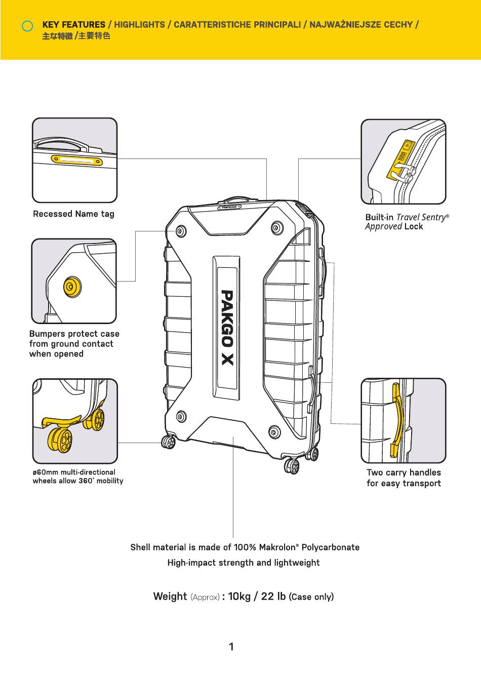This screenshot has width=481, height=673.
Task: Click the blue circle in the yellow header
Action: coord(28,26)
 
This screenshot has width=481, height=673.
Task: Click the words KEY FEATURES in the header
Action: coord(73,24)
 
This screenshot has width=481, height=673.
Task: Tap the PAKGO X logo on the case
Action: coord(227,327)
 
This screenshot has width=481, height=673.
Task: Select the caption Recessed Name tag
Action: coord(73,214)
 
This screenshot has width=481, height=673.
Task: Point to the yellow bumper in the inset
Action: coord(72,287)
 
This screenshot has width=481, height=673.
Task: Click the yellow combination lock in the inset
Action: coord(403,158)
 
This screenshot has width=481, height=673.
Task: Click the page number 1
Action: coord(231,647)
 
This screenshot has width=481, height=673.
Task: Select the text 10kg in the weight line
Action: coord(239,596)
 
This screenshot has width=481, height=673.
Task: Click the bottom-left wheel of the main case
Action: coord(169,442)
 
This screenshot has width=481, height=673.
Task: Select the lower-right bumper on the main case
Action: coord(274,432)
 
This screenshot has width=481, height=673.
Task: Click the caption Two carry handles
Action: coord(404,472)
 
